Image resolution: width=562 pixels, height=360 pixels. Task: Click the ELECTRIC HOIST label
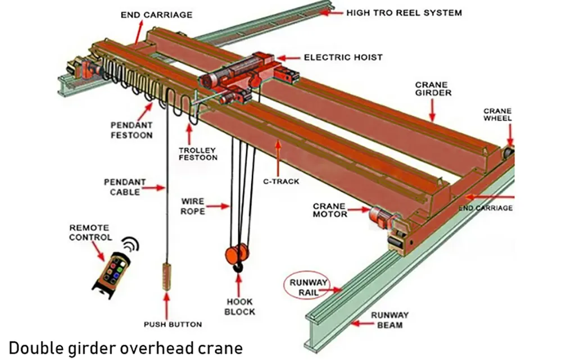[x=343, y=57]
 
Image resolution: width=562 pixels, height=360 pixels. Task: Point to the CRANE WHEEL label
[x=497, y=115]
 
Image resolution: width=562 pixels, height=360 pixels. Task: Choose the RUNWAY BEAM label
[x=389, y=320]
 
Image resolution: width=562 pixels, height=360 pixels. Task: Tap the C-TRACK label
[x=281, y=181]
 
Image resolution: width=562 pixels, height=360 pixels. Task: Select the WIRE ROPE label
[x=193, y=206]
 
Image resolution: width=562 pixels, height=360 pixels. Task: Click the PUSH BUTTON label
[x=173, y=324]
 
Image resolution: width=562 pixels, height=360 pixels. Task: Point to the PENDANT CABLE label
[x=125, y=187]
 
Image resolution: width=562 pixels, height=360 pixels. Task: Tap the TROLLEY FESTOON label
[x=198, y=154]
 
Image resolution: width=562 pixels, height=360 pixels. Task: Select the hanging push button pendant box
[x=166, y=275]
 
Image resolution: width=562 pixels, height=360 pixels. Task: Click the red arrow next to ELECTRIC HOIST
[x=287, y=57]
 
